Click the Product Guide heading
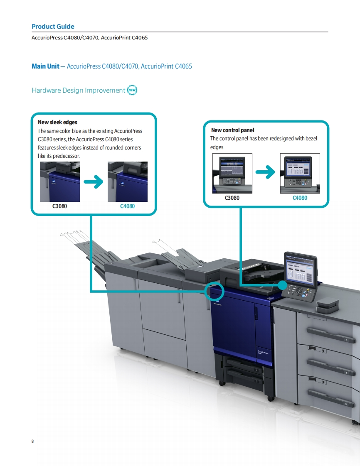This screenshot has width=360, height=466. pyautogui.click(x=53, y=27)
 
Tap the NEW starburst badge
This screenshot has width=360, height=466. pyautogui.click(x=132, y=90)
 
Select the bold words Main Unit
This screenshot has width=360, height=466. pyautogui.click(x=45, y=66)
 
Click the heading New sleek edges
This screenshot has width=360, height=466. pyautogui.click(x=57, y=122)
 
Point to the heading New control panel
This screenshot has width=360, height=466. pyautogui.click(x=232, y=130)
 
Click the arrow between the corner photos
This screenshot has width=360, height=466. pyautogui.click(x=94, y=181)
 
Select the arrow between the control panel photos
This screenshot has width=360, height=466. pyautogui.click(x=266, y=172)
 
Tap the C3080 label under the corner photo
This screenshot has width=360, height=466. pyautogui.click(x=59, y=206)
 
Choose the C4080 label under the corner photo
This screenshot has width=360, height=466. pyautogui.click(x=127, y=206)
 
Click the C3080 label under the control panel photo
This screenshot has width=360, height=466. pyautogui.click(x=232, y=198)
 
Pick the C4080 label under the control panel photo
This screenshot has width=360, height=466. pyautogui.click(x=300, y=198)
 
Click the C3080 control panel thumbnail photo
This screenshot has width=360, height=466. pyautogui.click(x=232, y=173)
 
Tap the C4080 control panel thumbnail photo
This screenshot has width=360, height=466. pyautogui.click(x=300, y=173)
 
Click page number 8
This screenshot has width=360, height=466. pyautogui.click(x=32, y=441)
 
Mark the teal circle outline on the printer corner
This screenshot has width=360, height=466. pyautogui.click(x=215, y=291)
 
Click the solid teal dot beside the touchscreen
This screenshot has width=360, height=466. pyautogui.click(x=282, y=285)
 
